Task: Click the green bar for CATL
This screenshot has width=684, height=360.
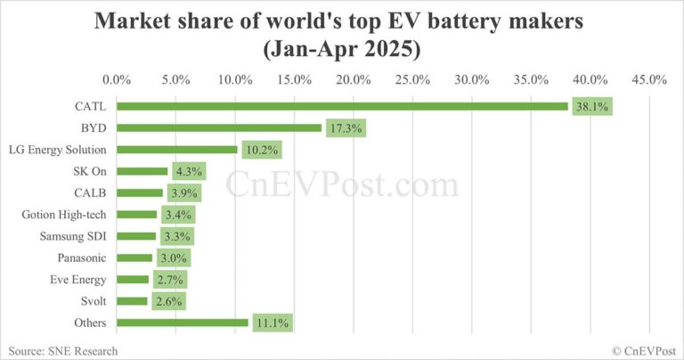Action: click(342, 107)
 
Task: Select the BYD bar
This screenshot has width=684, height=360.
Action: click(219, 128)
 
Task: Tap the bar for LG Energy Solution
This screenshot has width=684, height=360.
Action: click(177, 150)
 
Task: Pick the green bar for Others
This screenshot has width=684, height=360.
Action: click(183, 323)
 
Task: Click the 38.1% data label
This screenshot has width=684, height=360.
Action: click(592, 107)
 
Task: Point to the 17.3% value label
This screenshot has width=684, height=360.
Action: click(346, 128)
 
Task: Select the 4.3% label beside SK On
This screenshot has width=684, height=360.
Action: click(188, 171)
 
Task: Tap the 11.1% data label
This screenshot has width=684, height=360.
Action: click(273, 323)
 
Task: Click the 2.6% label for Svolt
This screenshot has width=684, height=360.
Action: click(167, 301)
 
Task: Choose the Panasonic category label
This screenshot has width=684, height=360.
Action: click(82, 258)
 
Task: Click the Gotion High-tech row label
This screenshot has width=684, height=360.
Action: click(65, 215)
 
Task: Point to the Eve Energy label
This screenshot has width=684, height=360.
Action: click(79, 280)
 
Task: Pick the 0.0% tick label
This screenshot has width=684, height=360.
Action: click(117, 80)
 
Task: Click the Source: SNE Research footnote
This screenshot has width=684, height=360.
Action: click(62, 350)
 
